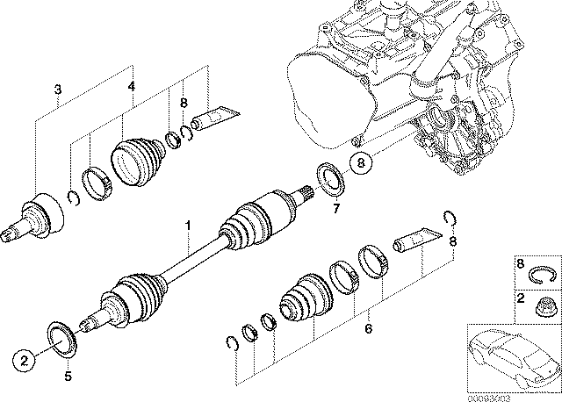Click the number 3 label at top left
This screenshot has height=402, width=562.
[x=57, y=89]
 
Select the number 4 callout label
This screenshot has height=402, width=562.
[x=131, y=86]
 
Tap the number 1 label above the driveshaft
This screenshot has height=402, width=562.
[x=187, y=226]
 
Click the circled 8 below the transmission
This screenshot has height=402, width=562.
[x=358, y=162]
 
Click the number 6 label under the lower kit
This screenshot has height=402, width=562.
[x=369, y=328]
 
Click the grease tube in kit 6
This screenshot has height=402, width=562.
[x=414, y=238]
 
